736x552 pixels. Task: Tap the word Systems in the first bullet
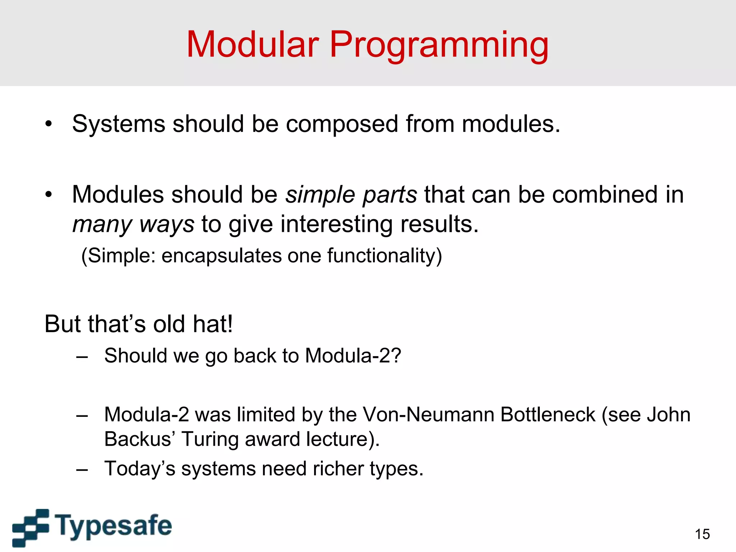pos(118,124)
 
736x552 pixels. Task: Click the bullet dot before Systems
pos(49,124)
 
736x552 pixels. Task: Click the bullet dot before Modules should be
pos(49,195)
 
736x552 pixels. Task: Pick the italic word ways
pos(167,225)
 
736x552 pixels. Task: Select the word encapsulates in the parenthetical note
pos(221,256)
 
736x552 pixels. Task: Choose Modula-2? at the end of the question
pos(353,356)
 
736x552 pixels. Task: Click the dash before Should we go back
pos(82,356)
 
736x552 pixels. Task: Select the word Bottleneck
pos(548,414)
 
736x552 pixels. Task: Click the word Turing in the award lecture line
pos(206,439)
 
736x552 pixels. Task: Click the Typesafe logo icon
pos(31,527)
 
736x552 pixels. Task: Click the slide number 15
pos(702,534)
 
